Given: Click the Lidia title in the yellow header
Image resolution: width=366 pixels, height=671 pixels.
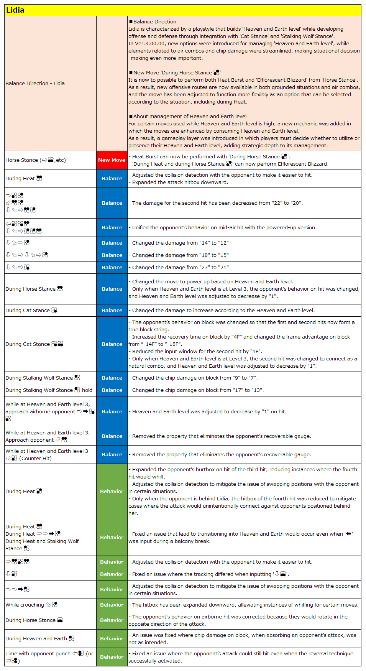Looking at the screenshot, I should tap(15, 10).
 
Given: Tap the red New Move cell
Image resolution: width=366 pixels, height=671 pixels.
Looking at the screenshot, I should tap(112, 160).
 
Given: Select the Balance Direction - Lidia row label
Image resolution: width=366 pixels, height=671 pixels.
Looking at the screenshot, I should tap(35, 84).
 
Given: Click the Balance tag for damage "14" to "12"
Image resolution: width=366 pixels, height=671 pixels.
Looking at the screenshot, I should tap(112, 243).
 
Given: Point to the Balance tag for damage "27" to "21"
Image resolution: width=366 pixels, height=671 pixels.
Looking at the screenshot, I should tap(112, 268).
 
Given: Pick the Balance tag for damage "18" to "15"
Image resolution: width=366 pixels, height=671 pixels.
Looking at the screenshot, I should tap(112, 255).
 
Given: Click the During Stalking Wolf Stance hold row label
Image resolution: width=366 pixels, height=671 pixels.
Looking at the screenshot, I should tap(49, 390).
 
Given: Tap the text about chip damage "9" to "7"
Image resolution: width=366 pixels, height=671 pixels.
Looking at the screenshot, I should tap(195, 378).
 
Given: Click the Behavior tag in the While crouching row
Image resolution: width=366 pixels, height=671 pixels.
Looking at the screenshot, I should tap(112, 605).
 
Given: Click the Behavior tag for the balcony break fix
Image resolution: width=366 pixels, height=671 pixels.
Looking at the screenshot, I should tap(112, 538).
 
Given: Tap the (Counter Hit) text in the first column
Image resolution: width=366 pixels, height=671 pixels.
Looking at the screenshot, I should tap(35, 459).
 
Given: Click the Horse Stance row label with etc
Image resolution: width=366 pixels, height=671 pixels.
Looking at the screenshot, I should tap(35, 160).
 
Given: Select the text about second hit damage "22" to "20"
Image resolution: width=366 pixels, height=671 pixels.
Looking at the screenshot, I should tap(217, 203).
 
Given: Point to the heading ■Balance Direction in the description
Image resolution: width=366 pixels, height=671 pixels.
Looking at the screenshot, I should tap(153, 22).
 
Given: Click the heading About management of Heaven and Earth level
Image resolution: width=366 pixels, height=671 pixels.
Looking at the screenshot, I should tap(188, 117).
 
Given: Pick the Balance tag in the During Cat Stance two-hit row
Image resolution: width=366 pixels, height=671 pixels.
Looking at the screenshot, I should tap(112, 344).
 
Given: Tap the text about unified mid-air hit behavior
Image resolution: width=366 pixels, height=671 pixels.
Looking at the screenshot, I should tap(224, 228).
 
